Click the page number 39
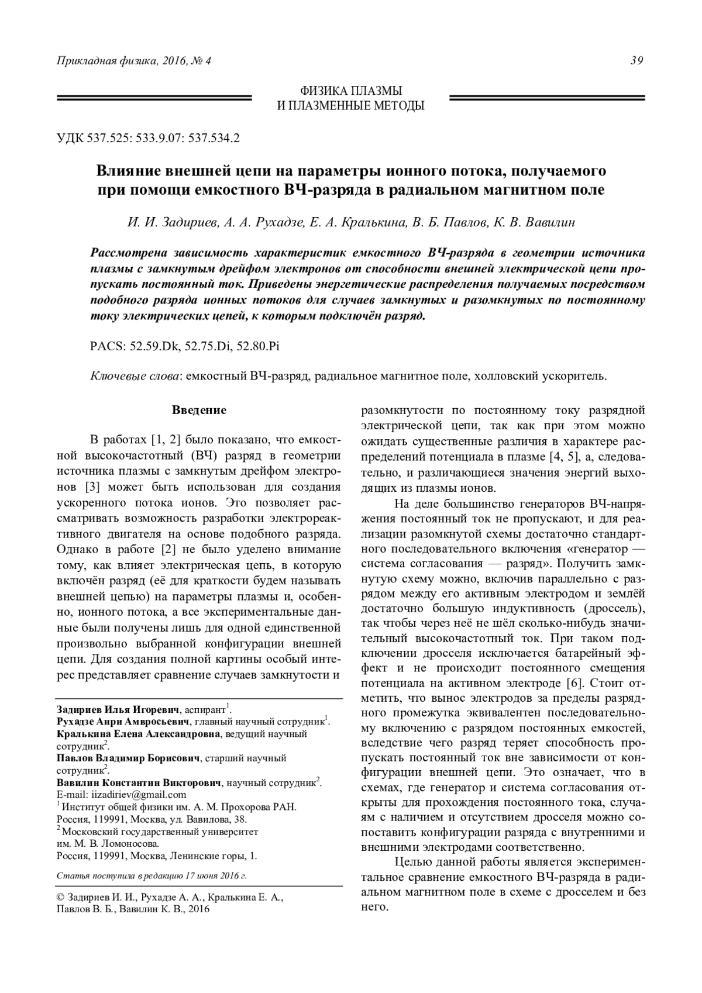pyautogui.click(x=637, y=60)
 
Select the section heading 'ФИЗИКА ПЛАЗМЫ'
pyautogui.click(x=350, y=91)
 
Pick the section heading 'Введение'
pyautogui.click(x=199, y=410)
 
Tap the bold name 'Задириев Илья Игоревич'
pyautogui.click(x=119, y=709)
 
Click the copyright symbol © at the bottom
pyautogui.click(x=60, y=897)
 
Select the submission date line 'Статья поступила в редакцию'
pyautogui.click(x=151, y=876)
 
